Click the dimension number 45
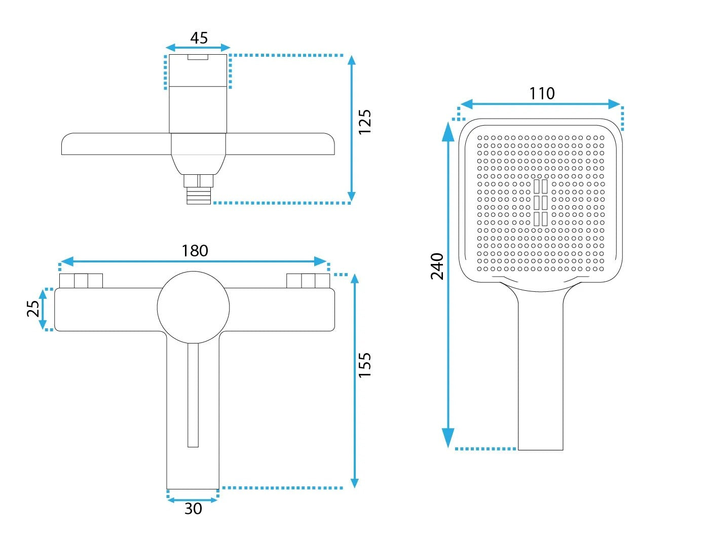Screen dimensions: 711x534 coord(199,38)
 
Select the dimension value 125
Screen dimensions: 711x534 coord(365,122)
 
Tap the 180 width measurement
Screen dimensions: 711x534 coord(195,251)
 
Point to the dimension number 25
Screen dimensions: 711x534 coord(33,308)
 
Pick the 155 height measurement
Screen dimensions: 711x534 coord(365,365)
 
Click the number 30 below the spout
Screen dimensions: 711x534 coord(193,509)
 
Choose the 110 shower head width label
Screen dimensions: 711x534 coord(542,94)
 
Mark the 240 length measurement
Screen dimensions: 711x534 coord(437,266)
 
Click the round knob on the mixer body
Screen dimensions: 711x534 coord(194,308)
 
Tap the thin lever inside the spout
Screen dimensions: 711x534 coord(193,395)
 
